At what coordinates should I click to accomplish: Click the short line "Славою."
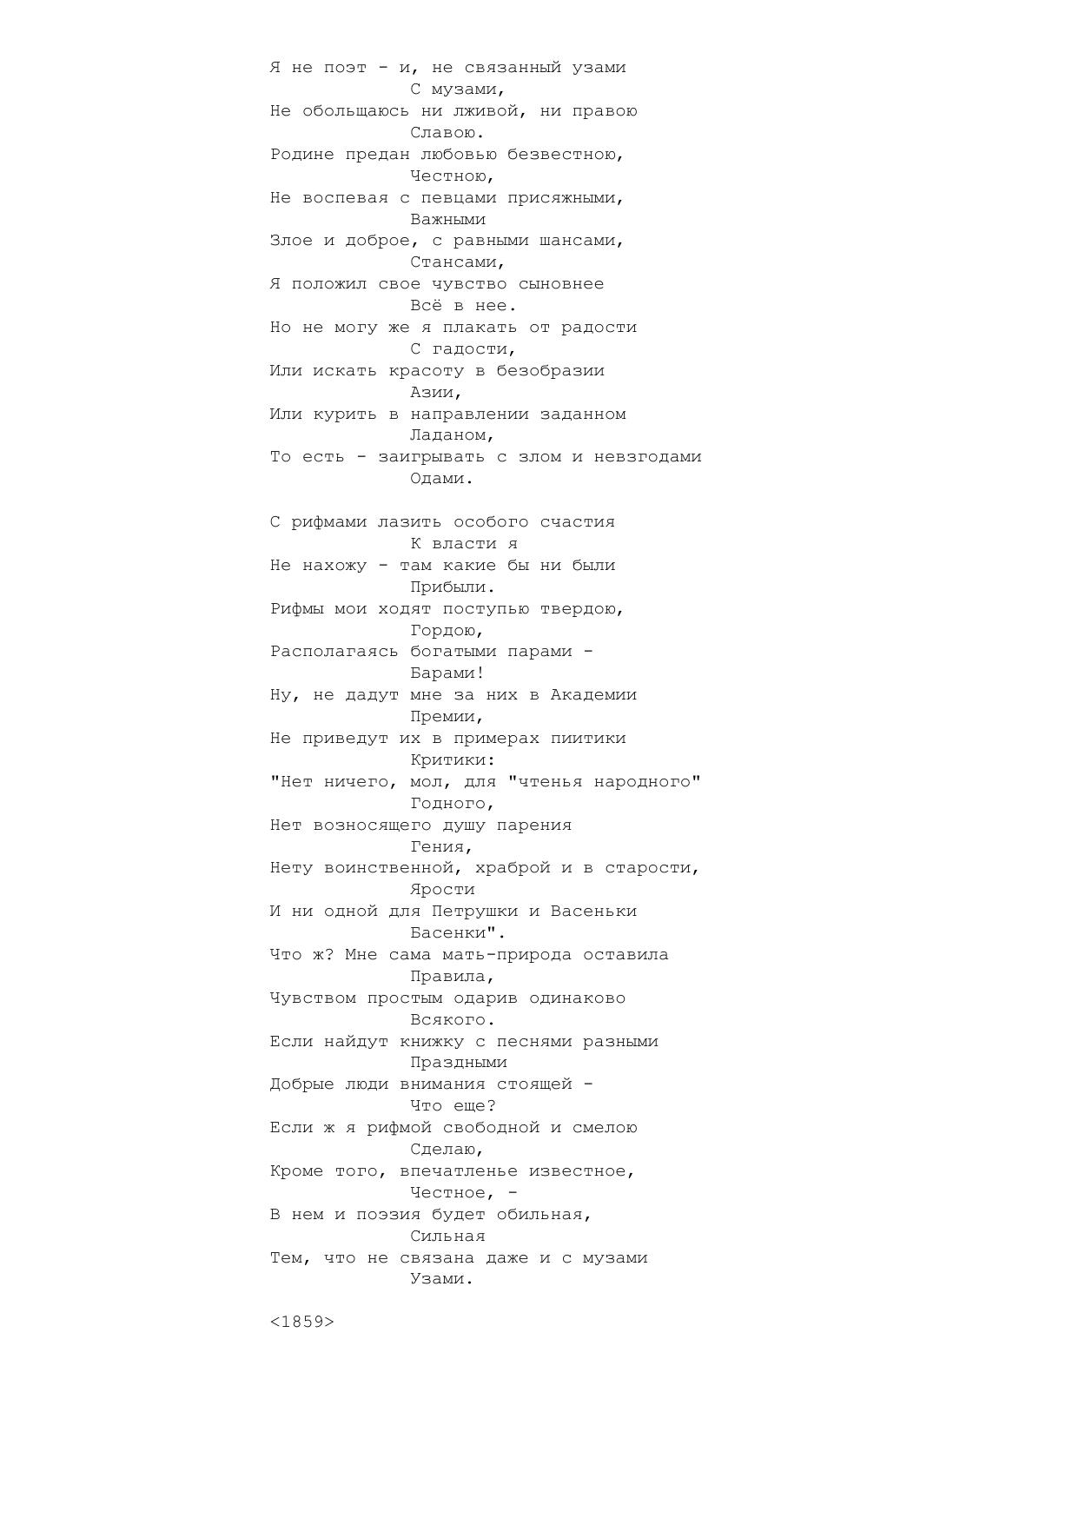click(x=447, y=133)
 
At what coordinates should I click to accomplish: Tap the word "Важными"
click(x=447, y=219)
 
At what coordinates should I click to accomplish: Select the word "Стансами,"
click(x=458, y=262)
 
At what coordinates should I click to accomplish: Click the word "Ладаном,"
click(x=453, y=435)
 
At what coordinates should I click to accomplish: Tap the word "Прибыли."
click(x=453, y=587)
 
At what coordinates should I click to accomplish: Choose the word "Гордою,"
click(x=447, y=630)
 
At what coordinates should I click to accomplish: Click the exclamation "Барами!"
click(x=447, y=673)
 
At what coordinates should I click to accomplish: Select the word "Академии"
click(x=594, y=695)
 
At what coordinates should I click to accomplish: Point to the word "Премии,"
click(x=447, y=717)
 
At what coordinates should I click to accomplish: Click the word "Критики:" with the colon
click(x=453, y=760)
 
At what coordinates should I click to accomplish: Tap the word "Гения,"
click(x=442, y=846)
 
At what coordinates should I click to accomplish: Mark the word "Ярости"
click(x=442, y=890)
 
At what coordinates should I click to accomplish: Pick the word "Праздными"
click(x=459, y=1063)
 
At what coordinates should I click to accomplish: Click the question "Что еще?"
click(x=453, y=1106)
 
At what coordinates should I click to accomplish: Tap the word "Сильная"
click(x=447, y=1236)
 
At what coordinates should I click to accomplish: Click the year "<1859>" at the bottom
click(x=302, y=1322)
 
